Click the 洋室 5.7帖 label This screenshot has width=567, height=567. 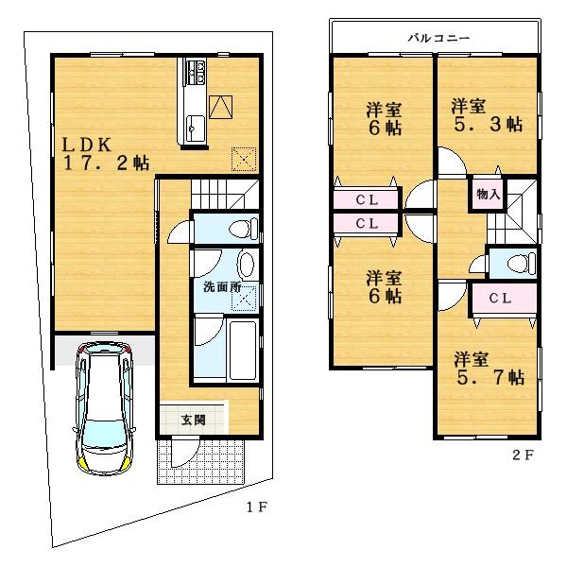tap(488, 369)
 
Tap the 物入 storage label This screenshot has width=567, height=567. tap(489, 195)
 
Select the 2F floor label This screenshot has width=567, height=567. tap(524, 454)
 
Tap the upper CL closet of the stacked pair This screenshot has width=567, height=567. tap(368, 199)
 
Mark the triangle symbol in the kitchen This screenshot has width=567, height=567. tap(219, 106)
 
